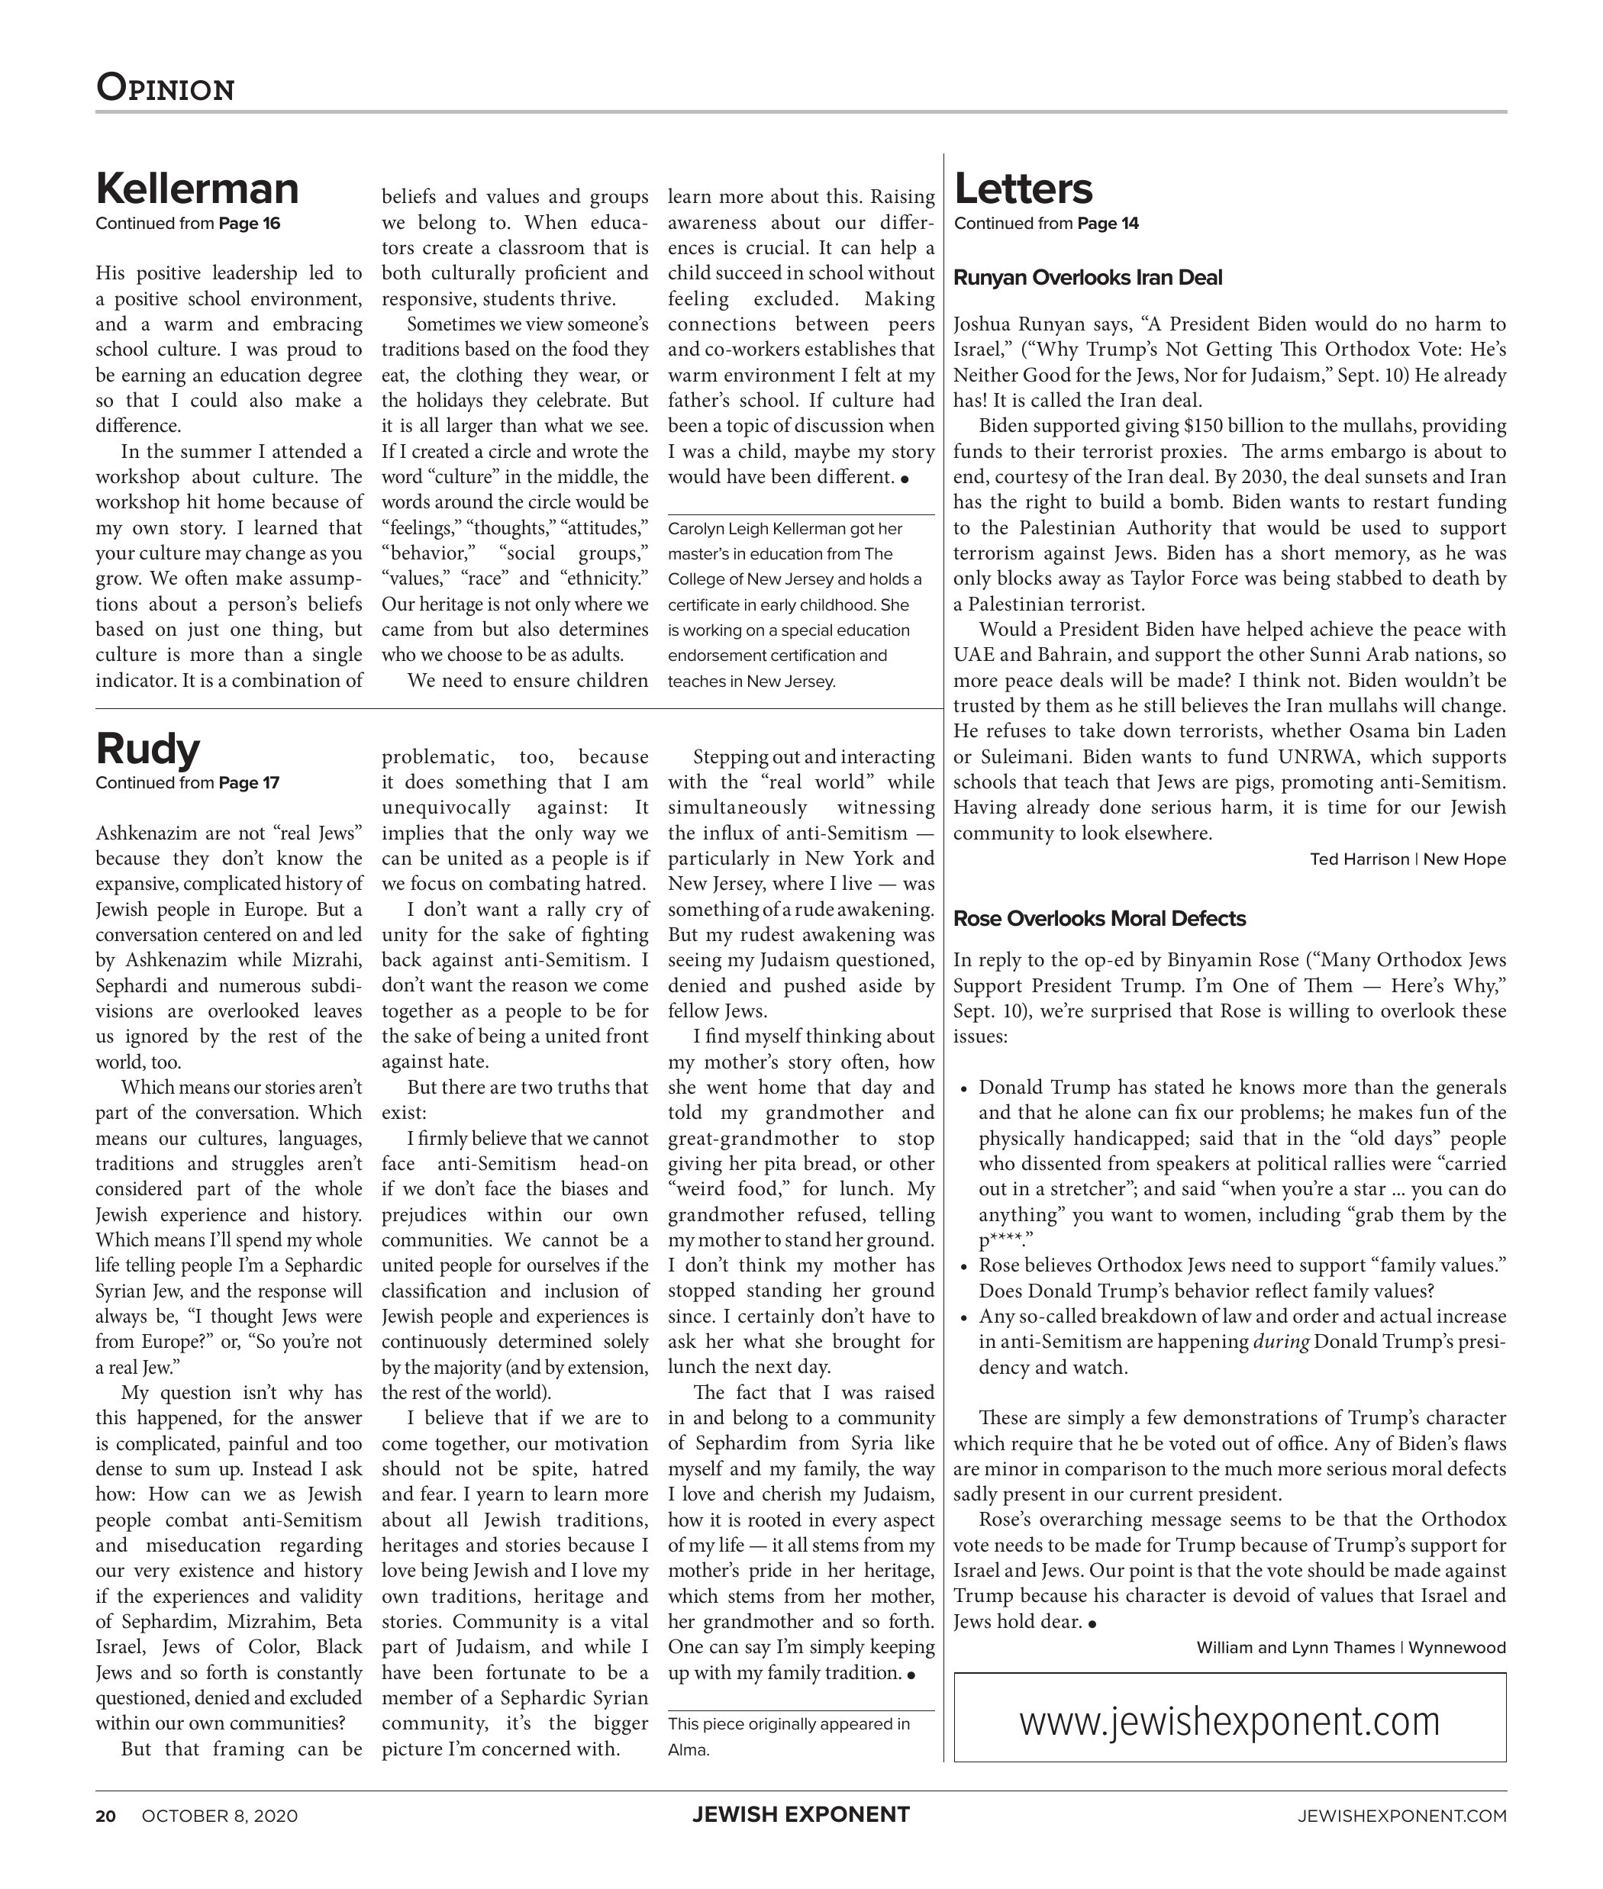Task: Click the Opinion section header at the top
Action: pos(166,88)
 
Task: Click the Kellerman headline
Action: pos(197,189)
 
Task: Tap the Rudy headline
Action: pos(147,749)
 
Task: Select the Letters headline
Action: pos(1023,189)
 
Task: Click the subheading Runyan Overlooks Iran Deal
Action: pos(1087,278)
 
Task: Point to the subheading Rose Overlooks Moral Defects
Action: pos(1098,919)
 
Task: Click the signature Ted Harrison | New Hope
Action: pos(1407,859)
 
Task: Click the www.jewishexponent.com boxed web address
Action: pos(1230,1721)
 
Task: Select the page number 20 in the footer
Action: pos(105,1816)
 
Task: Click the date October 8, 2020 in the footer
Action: pos(219,1816)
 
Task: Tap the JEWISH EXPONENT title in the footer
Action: pos(801,1816)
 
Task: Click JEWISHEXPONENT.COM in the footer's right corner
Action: pos(1402,1816)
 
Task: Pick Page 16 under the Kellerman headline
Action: pos(250,224)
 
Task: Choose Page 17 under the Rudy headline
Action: pos(249,783)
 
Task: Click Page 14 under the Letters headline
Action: pos(1108,224)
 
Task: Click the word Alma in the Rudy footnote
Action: pos(688,1750)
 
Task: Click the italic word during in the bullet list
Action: pos(1280,1342)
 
